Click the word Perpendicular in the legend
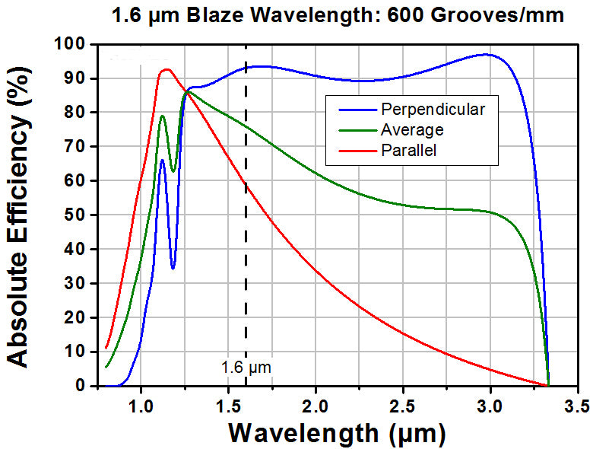(433, 110)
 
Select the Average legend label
(412, 130)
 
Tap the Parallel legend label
(409, 150)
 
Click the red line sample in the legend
(358, 151)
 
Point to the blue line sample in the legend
(358, 110)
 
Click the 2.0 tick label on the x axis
(316, 406)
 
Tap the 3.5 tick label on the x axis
(578, 406)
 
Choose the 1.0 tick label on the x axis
(141, 406)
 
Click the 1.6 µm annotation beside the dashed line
(246, 368)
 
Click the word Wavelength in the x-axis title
(303, 433)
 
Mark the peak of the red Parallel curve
(166, 69)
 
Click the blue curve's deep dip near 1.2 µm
(173, 268)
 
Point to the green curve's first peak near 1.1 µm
(162, 116)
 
